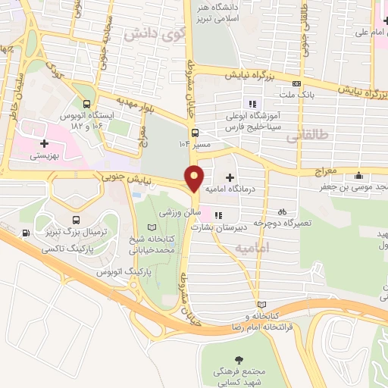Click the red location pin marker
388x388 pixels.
click(x=195, y=178)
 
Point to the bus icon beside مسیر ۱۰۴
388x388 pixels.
click(x=196, y=130)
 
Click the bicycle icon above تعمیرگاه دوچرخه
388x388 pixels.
click(x=282, y=212)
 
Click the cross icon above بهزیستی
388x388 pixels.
click(x=45, y=142)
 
